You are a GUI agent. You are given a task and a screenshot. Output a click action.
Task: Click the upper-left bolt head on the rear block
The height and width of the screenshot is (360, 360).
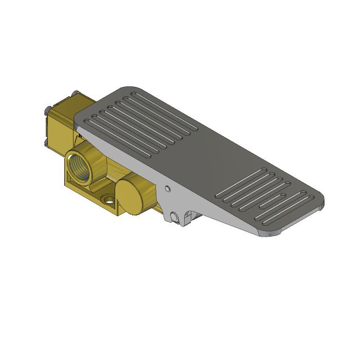point(47,110)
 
